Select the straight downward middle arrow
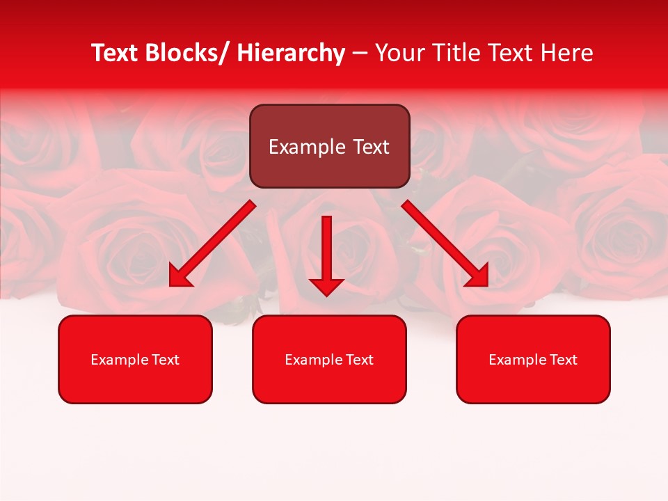(326, 253)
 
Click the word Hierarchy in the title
(291, 53)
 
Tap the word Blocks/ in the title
(186, 53)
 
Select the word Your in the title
(400, 53)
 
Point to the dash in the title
(359, 54)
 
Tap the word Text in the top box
(371, 147)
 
